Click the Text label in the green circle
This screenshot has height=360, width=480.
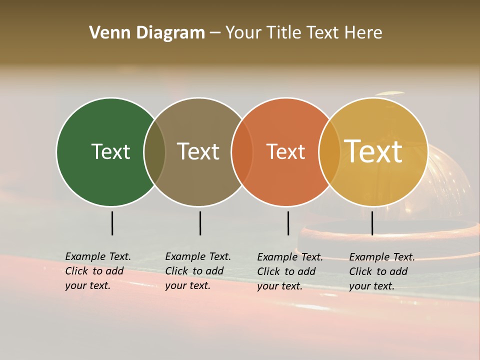110,151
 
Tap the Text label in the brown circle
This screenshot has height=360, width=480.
198,151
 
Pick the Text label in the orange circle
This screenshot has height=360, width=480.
285,152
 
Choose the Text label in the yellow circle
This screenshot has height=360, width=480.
373,151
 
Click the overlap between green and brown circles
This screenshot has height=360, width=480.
154,152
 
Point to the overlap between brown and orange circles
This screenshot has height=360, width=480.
242,152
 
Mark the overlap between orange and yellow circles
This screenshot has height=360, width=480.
329,152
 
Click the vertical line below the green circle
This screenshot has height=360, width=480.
112,223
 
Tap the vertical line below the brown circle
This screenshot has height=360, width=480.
200,223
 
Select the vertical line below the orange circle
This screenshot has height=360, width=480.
288,223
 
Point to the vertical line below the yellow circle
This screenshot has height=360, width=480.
372,223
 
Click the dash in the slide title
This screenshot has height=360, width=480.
215,33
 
